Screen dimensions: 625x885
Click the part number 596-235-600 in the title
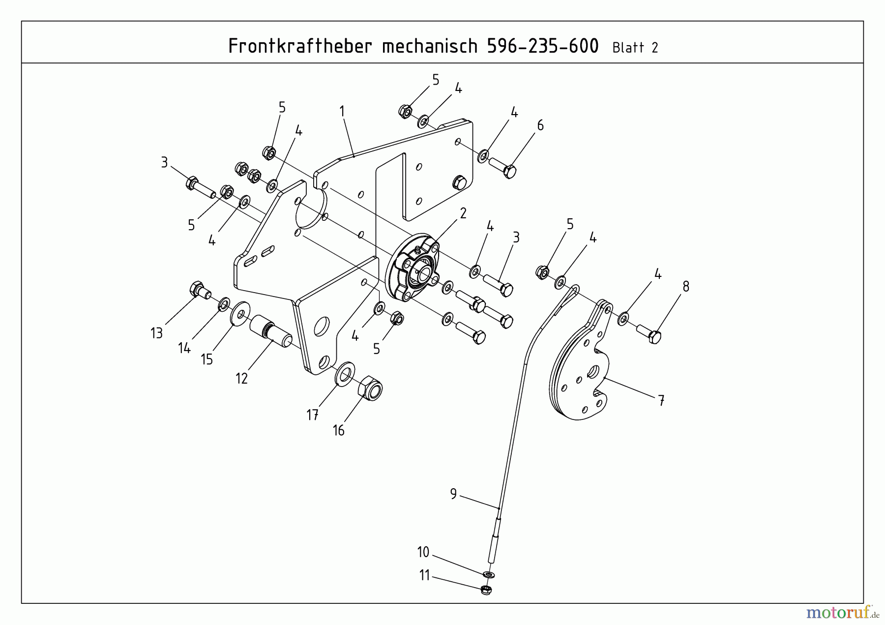[542, 46]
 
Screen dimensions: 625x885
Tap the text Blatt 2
[635, 48]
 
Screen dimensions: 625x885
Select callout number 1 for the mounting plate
[342, 112]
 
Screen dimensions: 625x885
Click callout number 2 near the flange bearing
[463, 213]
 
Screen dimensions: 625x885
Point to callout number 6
[540, 125]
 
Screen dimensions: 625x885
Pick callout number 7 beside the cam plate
[661, 401]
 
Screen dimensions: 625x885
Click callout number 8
[686, 286]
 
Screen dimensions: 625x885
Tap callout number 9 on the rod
[453, 493]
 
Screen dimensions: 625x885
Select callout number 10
[423, 552]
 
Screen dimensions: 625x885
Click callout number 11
[424, 575]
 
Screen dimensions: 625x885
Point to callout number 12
[241, 378]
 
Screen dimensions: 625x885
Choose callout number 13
[156, 333]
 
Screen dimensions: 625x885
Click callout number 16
[338, 431]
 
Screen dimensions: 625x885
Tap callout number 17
[312, 415]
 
